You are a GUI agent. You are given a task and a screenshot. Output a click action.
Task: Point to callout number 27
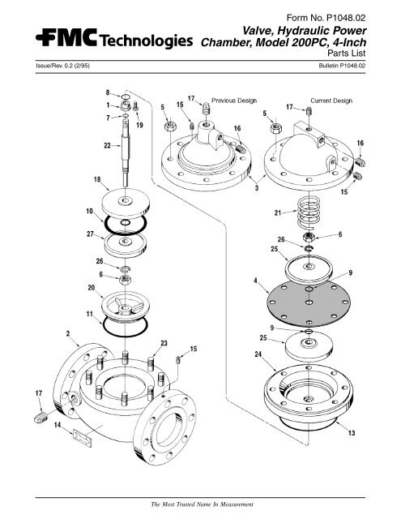tap(91, 233)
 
